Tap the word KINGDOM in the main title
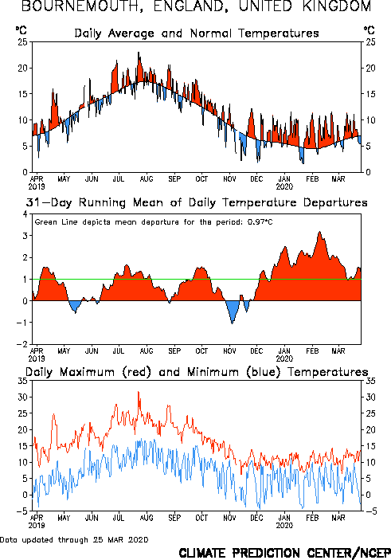(x=337, y=6)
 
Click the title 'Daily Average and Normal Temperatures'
(x=197, y=33)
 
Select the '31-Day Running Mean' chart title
(x=197, y=202)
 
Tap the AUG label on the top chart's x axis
(x=147, y=179)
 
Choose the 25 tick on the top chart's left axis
(x=22, y=42)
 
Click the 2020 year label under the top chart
(x=284, y=186)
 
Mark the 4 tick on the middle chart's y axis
(x=25, y=214)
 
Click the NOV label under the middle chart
(x=229, y=351)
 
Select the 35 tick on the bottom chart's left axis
(x=22, y=381)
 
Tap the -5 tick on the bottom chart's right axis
(x=371, y=511)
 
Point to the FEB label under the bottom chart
(x=312, y=518)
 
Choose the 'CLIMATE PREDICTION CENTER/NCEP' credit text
(x=284, y=553)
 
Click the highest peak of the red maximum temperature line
(x=139, y=392)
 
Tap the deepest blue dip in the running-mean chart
(x=233, y=323)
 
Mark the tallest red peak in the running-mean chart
(x=319, y=232)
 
